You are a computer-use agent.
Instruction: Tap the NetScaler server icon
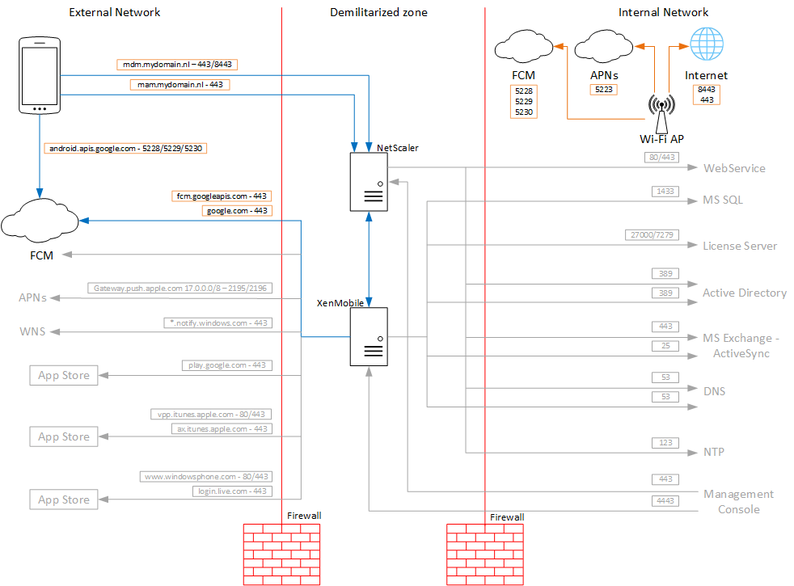pyautogui.click(x=369, y=181)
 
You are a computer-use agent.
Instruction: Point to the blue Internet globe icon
pyautogui.click(x=706, y=44)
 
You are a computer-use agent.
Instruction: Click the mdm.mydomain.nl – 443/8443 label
pyautogui.click(x=177, y=63)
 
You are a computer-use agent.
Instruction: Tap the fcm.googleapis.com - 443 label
pyautogui.click(x=222, y=196)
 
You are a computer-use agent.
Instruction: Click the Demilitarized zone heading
pyautogui.click(x=378, y=12)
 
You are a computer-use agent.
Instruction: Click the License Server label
pyautogui.click(x=740, y=246)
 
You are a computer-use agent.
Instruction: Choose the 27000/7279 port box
pyautogui.click(x=652, y=234)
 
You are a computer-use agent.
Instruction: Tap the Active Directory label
pyautogui.click(x=744, y=293)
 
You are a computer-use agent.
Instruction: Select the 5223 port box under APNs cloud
pyautogui.click(x=604, y=90)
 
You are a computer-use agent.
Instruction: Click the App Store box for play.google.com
pyautogui.click(x=64, y=375)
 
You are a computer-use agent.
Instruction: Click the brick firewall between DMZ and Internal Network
pyautogui.click(x=485, y=554)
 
